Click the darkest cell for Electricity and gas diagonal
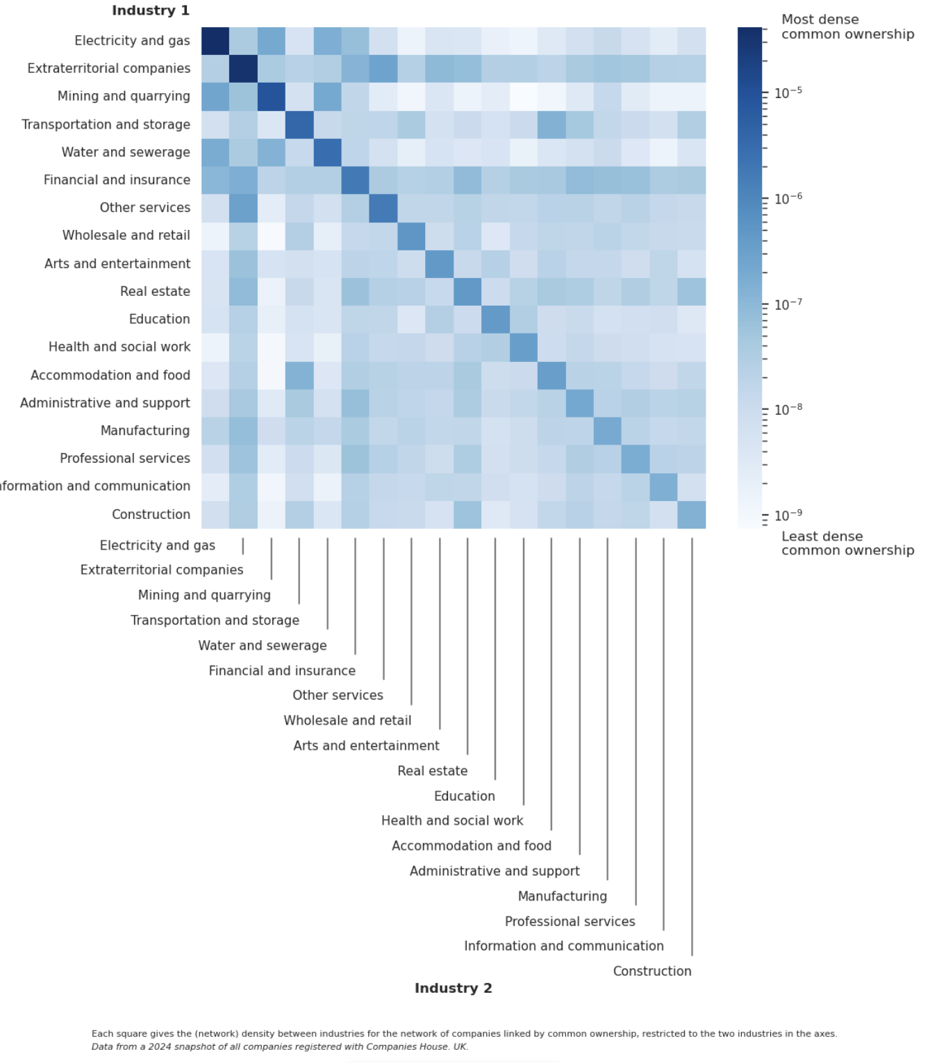point(215,41)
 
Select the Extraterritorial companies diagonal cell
point(243,69)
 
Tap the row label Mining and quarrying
point(124,96)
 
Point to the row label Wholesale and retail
point(126,236)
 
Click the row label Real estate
point(155,291)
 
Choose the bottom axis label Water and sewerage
point(263,645)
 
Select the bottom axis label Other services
point(338,695)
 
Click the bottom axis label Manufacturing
point(562,896)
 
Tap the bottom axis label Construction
point(652,971)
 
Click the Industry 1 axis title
point(150,10)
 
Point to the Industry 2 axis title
point(453,988)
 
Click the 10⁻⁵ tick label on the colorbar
point(788,92)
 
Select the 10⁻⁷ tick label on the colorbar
point(788,304)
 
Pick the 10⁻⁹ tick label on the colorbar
point(788,516)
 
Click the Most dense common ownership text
point(847,27)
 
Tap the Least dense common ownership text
point(847,543)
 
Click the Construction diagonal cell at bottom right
point(692,515)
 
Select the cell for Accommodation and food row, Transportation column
point(299,375)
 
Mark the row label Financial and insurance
point(117,180)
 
